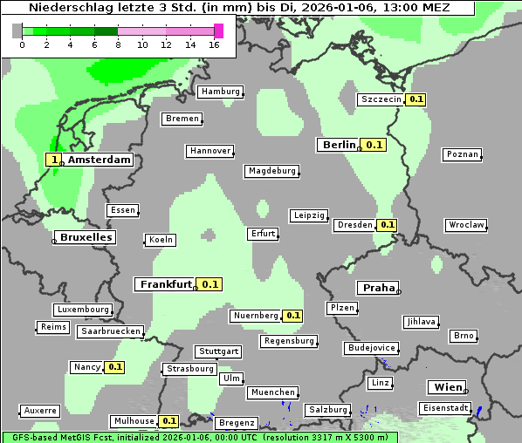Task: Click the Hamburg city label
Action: coord(220,92)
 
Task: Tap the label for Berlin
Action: coord(339,145)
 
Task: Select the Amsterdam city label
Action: coord(100,160)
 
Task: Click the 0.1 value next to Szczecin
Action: coord(416,99)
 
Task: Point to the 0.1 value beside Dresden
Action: coord(388,225)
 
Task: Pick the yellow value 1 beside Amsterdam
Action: coord(54,160)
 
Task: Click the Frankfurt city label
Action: coord(166,284)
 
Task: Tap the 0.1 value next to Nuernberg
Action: coord(292,316)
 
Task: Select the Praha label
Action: coord(379,288)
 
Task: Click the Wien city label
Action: coord(449,387)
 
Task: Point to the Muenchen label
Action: coord(273,393)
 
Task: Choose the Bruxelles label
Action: coord(85,237)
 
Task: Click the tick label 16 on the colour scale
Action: coord(215,44)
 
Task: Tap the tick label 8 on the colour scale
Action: coord(118,44)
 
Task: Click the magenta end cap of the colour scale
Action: coord(218,31)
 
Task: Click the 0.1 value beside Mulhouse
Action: coord(169,421)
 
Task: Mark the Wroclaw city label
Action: coord(466,225)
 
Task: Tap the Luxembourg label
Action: coord(83,310)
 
